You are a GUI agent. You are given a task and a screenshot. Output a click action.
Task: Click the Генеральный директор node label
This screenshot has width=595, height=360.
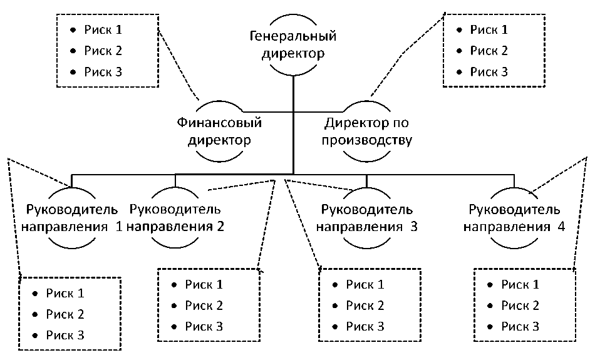(293, 44)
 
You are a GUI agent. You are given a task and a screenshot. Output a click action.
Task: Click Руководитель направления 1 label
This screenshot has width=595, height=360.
(71, 217)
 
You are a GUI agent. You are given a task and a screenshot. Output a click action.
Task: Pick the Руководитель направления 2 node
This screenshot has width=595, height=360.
(175, 217)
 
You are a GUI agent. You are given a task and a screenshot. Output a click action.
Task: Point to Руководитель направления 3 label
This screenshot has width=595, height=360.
(366, 217)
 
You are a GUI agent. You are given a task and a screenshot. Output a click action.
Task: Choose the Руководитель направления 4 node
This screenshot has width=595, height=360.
(514, 217)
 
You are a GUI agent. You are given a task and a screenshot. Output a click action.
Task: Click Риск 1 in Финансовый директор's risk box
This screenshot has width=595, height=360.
(105, 29)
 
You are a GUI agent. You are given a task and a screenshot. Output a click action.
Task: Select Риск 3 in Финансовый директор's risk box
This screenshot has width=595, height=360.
(105, 72)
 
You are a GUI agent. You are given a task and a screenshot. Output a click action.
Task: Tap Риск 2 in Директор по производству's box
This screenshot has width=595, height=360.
(489, 51)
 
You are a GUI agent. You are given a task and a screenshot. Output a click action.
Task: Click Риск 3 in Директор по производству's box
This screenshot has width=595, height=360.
(489, 72)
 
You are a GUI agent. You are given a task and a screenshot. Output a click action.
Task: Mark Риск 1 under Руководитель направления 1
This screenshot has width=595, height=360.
(65, 292)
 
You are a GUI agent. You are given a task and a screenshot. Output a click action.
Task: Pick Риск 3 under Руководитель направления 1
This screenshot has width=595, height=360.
(65, 335)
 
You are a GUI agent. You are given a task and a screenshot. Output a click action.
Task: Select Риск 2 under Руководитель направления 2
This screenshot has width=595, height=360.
(204, 306)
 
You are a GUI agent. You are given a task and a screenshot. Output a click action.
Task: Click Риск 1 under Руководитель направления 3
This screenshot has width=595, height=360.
(366, 285)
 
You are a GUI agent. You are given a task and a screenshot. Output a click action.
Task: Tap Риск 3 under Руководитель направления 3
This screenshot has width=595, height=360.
(366, 326)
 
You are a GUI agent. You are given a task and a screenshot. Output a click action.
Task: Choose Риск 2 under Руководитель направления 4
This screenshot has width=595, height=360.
(520, 306)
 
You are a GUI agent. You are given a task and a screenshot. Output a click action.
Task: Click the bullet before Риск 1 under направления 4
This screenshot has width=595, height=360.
(490, 285)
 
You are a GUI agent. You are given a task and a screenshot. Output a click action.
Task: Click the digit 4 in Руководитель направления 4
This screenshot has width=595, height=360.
(561, 227)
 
